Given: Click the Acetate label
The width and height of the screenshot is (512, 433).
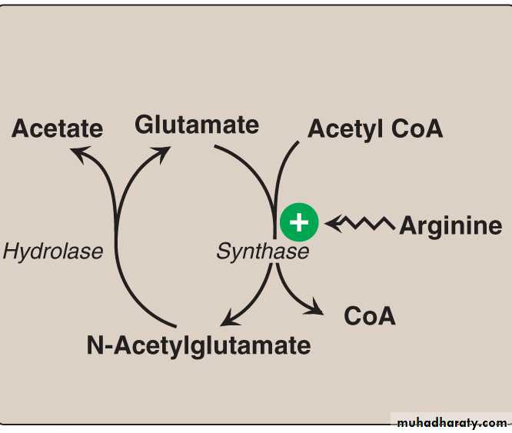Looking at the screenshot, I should click(x=57, y=128).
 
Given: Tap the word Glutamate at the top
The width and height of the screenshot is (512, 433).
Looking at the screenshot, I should click(x=197, y=124).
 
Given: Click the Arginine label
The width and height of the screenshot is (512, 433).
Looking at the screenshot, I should click(x=450, y=225).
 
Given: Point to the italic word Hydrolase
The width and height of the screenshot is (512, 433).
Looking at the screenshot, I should click(x=53, y=251).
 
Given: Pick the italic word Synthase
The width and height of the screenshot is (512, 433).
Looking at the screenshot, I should click(x=262, y=251).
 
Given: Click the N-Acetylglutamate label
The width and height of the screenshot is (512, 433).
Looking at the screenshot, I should click(x=198, y=345).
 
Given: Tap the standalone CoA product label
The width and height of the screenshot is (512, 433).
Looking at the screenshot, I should click(x=370, y=315).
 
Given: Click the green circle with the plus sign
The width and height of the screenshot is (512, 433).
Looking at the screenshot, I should click(x=299, y=223).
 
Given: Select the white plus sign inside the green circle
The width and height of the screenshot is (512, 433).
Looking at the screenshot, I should click(x=299, y=223).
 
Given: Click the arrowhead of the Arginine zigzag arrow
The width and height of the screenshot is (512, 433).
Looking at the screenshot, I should click(x=333, y=224).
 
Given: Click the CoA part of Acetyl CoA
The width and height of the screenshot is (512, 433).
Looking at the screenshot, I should click(x=417, y=128).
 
